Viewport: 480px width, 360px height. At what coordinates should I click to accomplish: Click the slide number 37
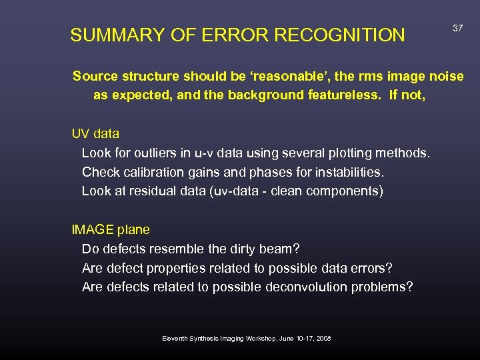(x=457, y=29)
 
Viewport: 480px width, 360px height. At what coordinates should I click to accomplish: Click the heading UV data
(x=95, y=133)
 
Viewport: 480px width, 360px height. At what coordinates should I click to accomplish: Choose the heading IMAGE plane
(x=111, y=229)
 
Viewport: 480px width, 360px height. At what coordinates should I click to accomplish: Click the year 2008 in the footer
(x=323, y=339)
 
